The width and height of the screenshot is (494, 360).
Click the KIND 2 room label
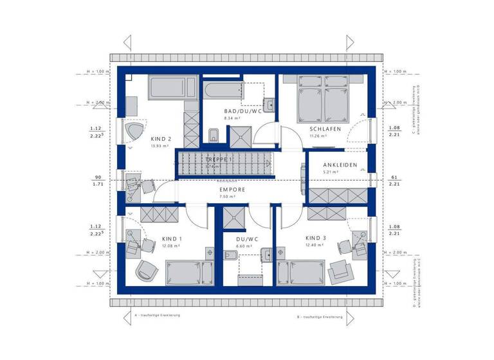click(x=161, y=139)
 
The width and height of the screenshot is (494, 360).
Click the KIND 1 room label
click(x=172, y=238)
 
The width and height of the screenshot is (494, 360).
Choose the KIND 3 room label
click(x=316, y=238)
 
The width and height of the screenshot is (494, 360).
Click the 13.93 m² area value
click(x=160, y=146)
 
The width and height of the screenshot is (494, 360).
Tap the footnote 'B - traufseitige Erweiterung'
click(x=320, y=318)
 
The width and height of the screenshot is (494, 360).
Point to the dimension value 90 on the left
click(x=98, y=177)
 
